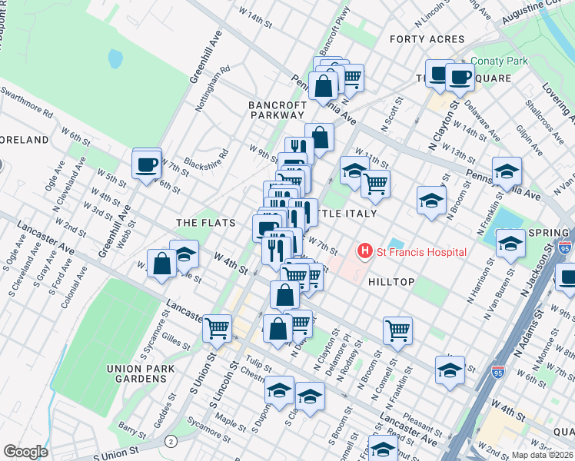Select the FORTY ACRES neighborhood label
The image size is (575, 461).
tap(427, 39)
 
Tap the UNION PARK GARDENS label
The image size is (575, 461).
tap(142, 373)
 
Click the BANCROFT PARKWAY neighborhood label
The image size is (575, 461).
tap(277, 110)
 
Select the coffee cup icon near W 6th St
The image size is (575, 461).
tap(146, 164)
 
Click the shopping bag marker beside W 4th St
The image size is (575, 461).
tap(162, 264)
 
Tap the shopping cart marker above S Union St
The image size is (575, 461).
tap(218, 328)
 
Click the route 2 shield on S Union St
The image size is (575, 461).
tap(171, 440)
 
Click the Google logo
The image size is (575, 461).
tap(25, 452)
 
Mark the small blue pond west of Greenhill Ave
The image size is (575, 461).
tap(115, 58)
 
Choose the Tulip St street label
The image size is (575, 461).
tap(258, 363)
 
